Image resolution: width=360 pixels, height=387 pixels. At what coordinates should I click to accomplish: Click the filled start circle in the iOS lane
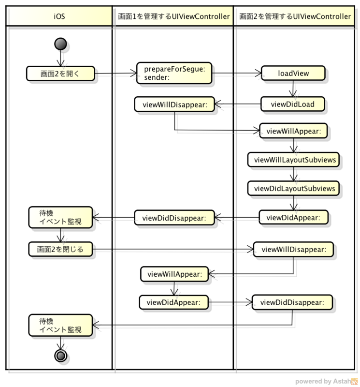pyautogui.click(x=60, y=44)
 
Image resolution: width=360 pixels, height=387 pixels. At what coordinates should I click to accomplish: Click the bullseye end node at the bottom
pyautogui.click(x=60, y=356)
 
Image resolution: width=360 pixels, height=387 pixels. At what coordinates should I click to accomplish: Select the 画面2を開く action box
pyautogui.click(x=60, y=74)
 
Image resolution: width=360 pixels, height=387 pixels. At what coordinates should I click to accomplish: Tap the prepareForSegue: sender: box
pyautogui.click(x=174, y=73)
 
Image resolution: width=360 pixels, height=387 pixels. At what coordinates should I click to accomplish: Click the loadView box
pyautogui.click(x=293, y=73)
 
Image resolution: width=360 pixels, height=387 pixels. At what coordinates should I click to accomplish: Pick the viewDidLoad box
pyautogui.click(x=293, y=104)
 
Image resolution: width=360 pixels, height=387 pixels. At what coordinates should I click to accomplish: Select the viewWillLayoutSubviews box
pyautogui.click(x=293, y=160)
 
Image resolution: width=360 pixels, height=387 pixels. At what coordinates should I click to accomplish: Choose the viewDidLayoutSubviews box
pyautogui.click(x=293, y=189)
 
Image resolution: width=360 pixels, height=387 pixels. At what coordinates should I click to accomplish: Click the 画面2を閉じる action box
pyautogui.click(x=60, y=249)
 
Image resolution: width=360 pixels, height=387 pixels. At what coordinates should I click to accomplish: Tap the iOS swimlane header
pyautogui.click(x=59, y=16)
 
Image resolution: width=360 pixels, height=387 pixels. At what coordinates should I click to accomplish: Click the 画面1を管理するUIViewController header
pyautogui.click(x=173, y=16)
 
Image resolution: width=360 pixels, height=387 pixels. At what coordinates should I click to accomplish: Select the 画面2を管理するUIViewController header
pyautogui.click(x=294, y=16)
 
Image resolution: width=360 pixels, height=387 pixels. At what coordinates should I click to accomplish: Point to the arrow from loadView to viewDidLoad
pyautogui.click(x=293, y=89)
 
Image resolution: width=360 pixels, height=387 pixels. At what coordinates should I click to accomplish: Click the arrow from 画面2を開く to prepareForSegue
pyautogui.click(x=115, y=74)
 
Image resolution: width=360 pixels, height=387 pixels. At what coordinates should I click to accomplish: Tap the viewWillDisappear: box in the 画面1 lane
pyautogui.click(x=174, y=104)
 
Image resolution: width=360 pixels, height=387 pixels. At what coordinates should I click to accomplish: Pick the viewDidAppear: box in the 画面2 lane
pyautogui.click(x=293, y=217)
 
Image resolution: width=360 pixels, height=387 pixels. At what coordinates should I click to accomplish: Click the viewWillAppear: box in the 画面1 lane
pyautogui.click(x=174, y=274)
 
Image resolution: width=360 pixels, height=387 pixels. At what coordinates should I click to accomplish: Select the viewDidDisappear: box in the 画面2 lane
pyautogui.click(x=292, y=302)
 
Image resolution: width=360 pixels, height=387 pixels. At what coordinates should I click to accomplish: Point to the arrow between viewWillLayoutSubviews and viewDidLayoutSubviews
pyautogui.click(x=293, y=174)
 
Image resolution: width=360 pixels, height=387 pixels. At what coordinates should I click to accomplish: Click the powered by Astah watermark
pyautogui.click(x=326, y=381)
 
